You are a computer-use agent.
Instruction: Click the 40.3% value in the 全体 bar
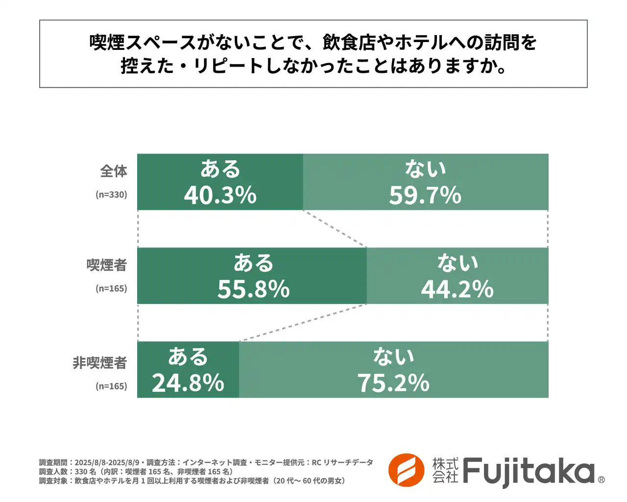pos(220,195)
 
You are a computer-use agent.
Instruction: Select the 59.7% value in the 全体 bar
pos(425,195)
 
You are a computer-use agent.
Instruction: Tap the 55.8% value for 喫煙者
pos(253,289)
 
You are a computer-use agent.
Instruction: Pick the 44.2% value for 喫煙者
pos(457,289)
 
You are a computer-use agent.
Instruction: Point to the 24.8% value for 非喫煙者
pos(188,383)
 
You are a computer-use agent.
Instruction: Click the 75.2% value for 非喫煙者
pos(393,383)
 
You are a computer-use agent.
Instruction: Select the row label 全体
pos(114,171)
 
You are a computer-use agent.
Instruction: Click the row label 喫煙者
pos(107,265)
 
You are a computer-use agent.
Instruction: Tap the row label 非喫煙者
pos(100,363)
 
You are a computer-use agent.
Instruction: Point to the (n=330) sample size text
pos(111,195)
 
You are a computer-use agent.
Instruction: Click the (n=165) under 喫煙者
pos(111,289)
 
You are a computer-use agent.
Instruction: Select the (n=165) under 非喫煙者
pos(111,386)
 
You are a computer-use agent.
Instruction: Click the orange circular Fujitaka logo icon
pos(406,470)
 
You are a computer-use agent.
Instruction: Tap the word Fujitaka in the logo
pos(528,471)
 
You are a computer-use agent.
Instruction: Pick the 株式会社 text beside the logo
pos(445,470)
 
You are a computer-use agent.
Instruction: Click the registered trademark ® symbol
pos(602,480)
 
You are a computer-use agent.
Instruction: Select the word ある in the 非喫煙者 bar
pos(188,357)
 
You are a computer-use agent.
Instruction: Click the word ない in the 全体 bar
pos(425,169)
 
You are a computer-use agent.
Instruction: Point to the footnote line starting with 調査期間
pos(206,462)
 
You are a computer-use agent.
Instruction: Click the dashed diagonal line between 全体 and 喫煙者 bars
pos(335,228)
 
